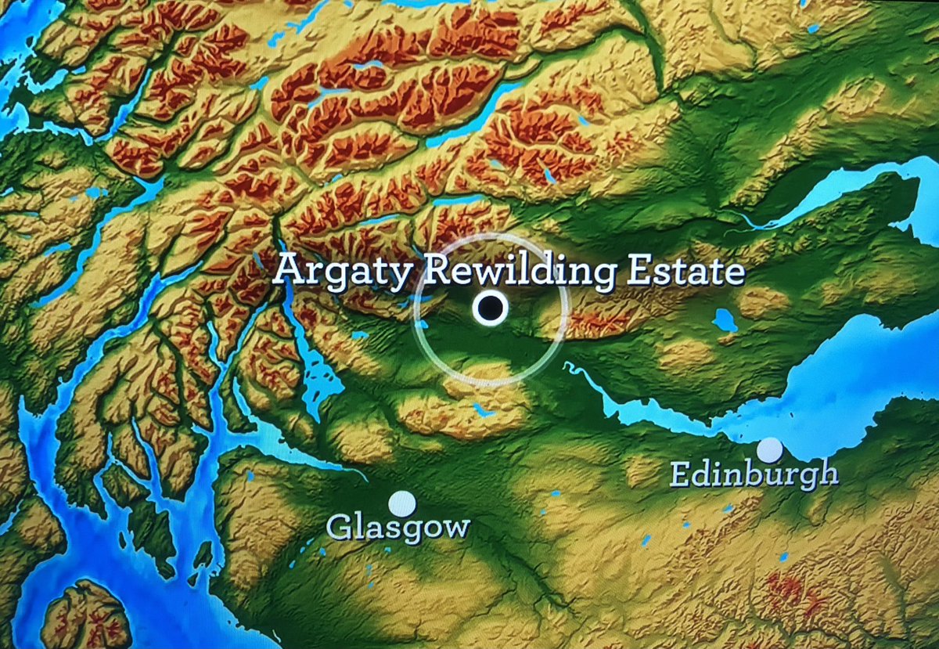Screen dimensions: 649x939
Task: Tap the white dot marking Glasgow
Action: (401, 503)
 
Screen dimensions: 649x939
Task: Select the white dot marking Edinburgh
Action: (771, 450)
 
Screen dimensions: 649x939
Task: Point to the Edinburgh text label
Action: (754, 474)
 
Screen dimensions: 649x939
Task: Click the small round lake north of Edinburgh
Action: (725, 319)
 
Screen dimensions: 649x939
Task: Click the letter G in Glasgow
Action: (338, 526)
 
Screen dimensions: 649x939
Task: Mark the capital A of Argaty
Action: (290, 270)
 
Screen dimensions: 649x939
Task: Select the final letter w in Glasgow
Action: (456, 528)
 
